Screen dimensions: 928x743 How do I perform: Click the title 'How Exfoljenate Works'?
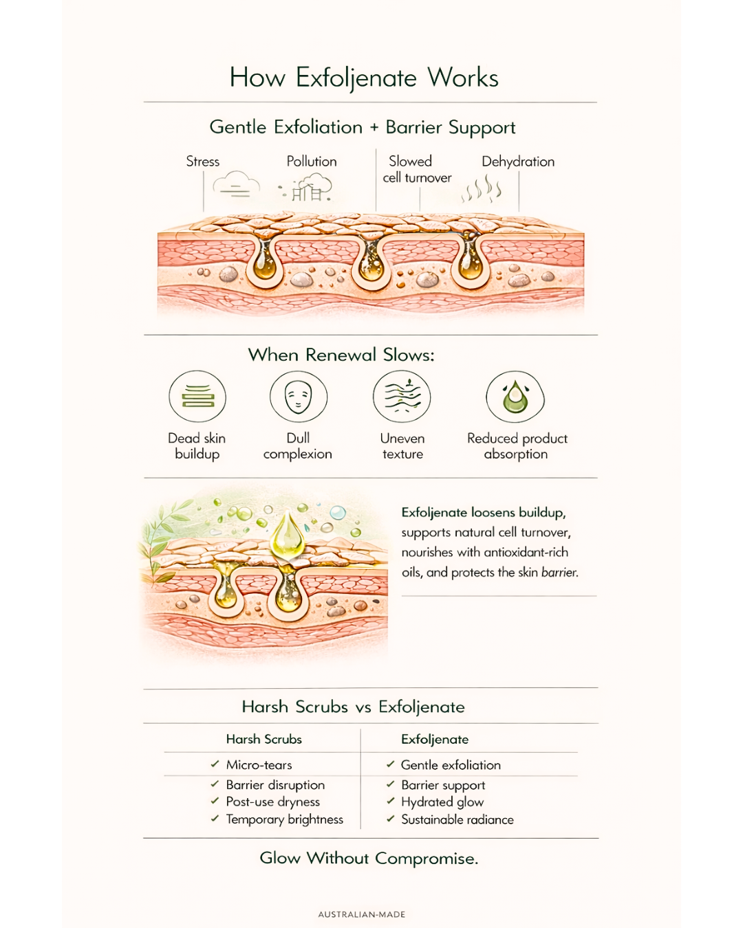(x=364, y=78)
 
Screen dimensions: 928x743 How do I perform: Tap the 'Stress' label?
(x=202, y=162)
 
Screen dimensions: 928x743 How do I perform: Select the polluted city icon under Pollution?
(x=309, y=188)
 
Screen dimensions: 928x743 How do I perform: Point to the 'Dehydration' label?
(x=517, y=162)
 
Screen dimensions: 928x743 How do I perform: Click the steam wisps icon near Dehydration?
(x=482, y=189)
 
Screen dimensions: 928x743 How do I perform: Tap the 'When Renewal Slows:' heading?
(x=341, y=355)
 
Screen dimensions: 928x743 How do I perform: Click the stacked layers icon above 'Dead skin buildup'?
(x=197, y=397)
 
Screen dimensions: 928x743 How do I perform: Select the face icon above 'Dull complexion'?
(x=298, y=397)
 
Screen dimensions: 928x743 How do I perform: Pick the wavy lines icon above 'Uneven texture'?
(x=402, y=397)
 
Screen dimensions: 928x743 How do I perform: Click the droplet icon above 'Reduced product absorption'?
(x=515, y=397)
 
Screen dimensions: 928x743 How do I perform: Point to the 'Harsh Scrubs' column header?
(x=263, y=739)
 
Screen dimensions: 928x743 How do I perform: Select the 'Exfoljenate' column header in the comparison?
(x=435, y=739)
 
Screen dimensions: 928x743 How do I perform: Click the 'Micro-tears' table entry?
(x=259, y=764)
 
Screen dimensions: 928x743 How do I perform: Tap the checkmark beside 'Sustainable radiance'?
(x=390, y=819)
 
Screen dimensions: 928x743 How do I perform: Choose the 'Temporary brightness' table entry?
(x=284, y=819)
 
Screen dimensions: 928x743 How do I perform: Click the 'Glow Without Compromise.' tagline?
(x=369, y=858)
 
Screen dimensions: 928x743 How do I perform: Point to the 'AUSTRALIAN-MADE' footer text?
(x=362, y=914)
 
